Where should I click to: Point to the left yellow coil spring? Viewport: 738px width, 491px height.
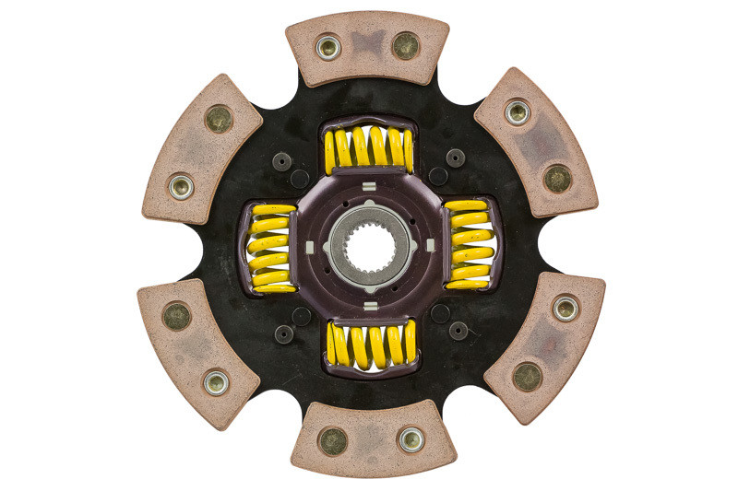coord(270,246)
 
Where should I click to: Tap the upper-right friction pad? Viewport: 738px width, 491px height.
coord(537,142)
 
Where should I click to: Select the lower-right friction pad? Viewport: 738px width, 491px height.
coord(544,346)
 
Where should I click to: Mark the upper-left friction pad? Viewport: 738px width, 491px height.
coord(201,147)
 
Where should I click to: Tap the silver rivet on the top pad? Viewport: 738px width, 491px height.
coord(327,46)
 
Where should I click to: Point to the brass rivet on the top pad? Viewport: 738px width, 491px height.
coord(405,44)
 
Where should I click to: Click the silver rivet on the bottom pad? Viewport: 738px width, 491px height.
coord(411,439)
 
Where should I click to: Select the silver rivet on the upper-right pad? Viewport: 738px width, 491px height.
coord(518,112)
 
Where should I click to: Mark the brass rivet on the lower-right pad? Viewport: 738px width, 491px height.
coord(527,376)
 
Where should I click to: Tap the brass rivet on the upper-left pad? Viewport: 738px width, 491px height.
coord(219,118)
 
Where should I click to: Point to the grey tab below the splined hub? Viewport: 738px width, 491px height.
coord(369,303)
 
